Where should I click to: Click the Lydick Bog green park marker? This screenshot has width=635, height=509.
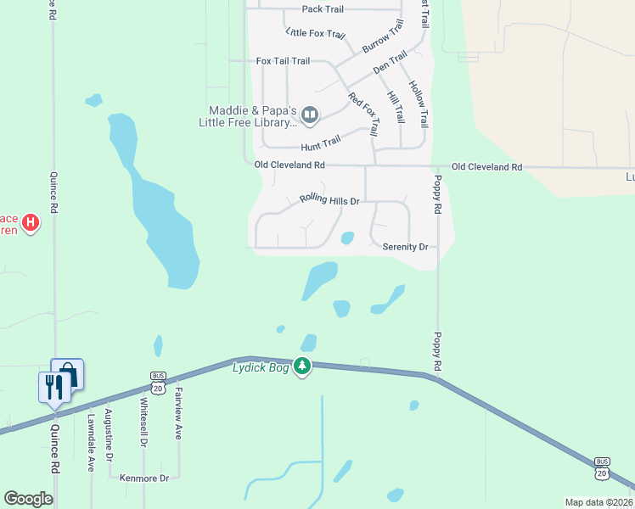click(302, 366)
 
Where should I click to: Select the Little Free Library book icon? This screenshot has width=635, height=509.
click(310, 115)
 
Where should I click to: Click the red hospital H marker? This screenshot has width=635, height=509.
click(31, 223)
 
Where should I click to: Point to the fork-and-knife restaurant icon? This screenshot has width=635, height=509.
click(53, 387)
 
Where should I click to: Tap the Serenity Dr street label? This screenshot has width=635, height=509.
click(405, 247)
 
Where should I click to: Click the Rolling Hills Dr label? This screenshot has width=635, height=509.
click(330, 201)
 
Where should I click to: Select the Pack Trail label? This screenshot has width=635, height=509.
click(323, 9)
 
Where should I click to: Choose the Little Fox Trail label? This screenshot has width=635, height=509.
click(316, 34)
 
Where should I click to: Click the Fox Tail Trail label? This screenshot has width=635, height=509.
click(284, 61)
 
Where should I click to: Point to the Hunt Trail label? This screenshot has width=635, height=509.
click(321, 143)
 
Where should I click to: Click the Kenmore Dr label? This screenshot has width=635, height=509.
click(144, 478)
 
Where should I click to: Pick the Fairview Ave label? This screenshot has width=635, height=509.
click(178, 413)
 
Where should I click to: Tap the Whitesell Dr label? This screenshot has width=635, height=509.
click(143, 422)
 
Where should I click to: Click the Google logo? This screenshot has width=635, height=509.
click(28, 499)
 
